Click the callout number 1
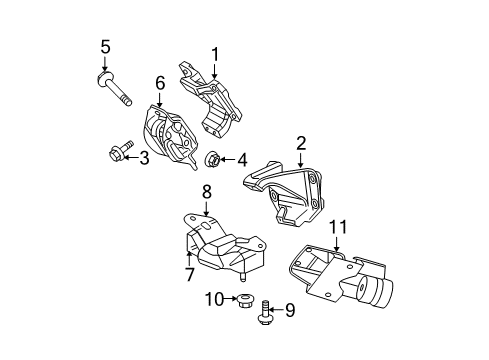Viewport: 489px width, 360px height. (x=213, y=54)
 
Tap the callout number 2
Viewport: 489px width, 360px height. (x=300, y=146)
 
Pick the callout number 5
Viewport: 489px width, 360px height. (x=104, y=45)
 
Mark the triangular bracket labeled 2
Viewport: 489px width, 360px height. (x=288, y=196)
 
